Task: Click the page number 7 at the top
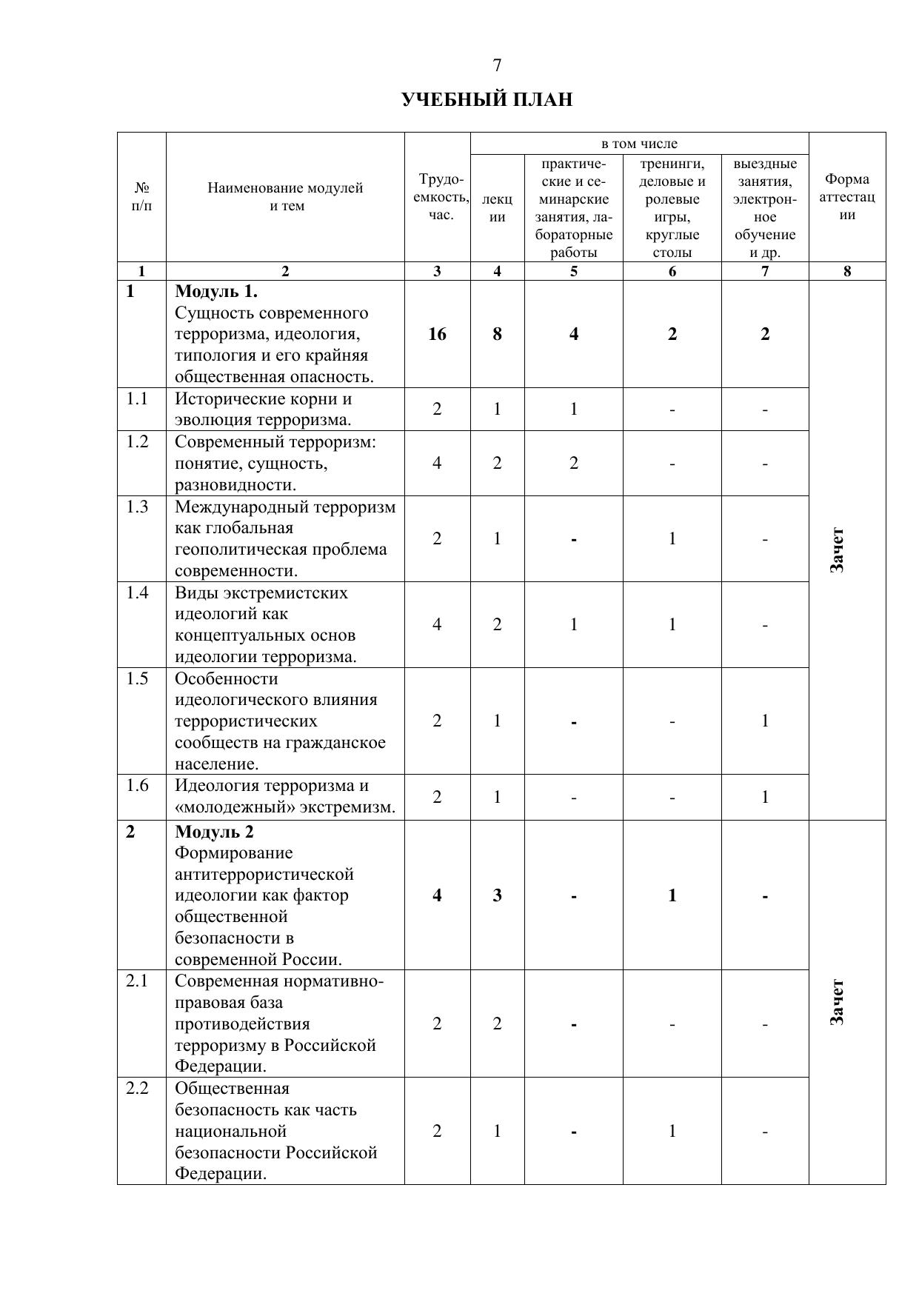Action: [x=497, y=65]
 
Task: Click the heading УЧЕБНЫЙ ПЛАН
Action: [x=487, y=99]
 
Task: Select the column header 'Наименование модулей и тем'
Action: [x=285, y=197]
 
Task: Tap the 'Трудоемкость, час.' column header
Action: [x=441, y=197]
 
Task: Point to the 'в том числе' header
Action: [x=639, y=144]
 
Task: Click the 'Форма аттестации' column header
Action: [x=847, y=197]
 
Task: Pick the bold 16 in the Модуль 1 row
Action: [x=437, y=334]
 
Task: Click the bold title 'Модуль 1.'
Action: [x=216, y=292]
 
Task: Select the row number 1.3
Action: [x=137, y=507]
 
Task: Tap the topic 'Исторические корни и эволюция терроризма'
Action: [x=263, y=410]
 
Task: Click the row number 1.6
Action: [x=137, y=785]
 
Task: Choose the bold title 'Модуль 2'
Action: [x=214, y=832]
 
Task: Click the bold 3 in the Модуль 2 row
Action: [x=497, y=895]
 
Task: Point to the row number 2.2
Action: [x=137, y=1088]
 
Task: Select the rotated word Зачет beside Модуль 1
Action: [x=837, y=550]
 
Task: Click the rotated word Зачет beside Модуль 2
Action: [x=837, y=1002]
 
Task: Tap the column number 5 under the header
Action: [x=573, y=271]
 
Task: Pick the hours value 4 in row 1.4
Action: [x=437, y=624]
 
